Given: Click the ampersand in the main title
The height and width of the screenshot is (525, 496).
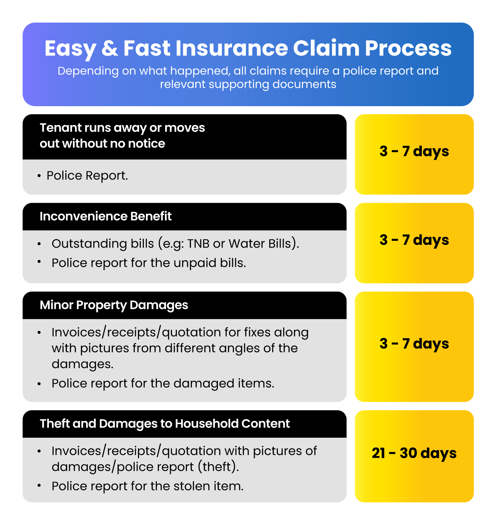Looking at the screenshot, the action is click(x=110, y=49).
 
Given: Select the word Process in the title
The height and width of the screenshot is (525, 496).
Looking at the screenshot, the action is click(x=408, y=48).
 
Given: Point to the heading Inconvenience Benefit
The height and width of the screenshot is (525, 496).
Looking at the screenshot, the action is click(x=105, y=216).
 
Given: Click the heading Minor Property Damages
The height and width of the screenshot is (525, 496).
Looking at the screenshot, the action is click(x=114, y=305).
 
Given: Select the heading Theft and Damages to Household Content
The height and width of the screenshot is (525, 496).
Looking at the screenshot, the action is click(x=165, y=423).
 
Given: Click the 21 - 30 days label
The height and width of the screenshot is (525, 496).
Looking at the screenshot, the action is click(x=414, y=453).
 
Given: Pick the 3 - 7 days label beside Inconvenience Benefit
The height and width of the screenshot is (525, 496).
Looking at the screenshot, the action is click(x=414, y=240).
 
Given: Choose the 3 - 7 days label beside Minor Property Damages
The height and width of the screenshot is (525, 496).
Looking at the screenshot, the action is click(x=414, y=344).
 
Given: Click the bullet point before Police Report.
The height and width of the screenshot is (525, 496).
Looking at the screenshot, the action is click(x=39, y=176).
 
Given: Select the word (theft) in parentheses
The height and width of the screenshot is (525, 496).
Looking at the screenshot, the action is click(x=219, y=467).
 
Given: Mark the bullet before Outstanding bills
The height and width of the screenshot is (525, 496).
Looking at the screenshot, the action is click(x=39, y=244).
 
